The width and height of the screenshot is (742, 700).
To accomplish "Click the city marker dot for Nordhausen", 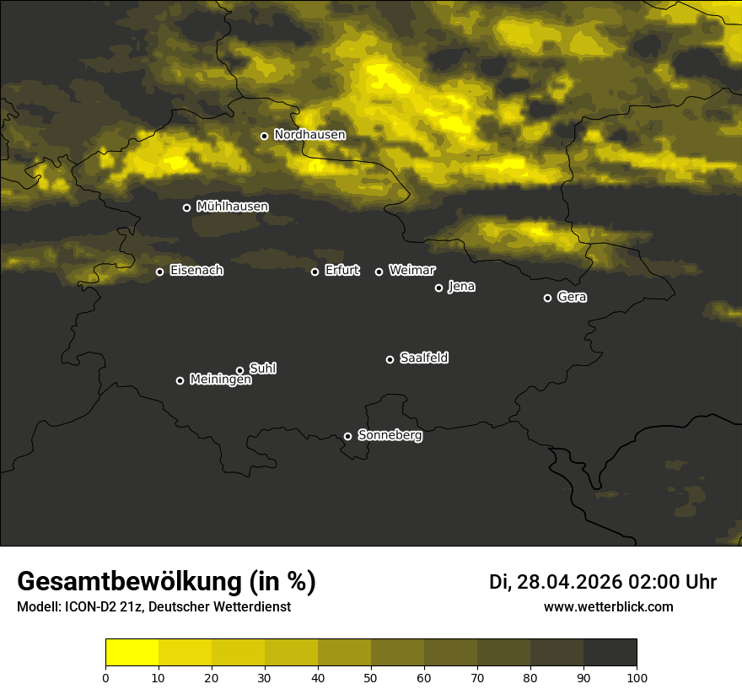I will (x=264, y=136).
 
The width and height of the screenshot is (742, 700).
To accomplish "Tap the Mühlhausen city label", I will (x=232, y=207).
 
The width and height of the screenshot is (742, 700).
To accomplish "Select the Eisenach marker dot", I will (x=159, y=272).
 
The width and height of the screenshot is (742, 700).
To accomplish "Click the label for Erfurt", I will (x=341, y=271).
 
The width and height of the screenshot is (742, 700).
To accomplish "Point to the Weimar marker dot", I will (x=379, y=272).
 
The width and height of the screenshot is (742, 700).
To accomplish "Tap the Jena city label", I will (x=461, y=287).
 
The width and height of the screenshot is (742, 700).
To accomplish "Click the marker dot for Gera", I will (x=547, y=298).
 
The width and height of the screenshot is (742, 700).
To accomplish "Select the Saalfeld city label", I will (x=423, y=358).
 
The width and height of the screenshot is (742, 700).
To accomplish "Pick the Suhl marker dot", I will (x=239, y=370).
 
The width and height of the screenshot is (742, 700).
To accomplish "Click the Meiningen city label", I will (x=220, y=380).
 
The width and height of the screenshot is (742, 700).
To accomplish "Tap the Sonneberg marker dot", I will (x=347, y=436).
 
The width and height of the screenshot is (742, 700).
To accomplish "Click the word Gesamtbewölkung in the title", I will (x=131, y=582).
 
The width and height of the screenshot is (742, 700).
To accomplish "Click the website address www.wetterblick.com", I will (x=609, y=607).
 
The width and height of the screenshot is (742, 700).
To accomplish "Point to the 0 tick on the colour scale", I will (x=105, y=677).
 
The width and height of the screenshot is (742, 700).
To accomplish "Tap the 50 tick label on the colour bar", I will (x=371, y=677).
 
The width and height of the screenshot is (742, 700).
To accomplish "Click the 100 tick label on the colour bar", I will (x=637, y=677).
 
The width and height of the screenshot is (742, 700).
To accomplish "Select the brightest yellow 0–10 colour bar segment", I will (x=132, y=653).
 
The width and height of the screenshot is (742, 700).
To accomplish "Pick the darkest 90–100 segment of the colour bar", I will (x=610, y=653).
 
